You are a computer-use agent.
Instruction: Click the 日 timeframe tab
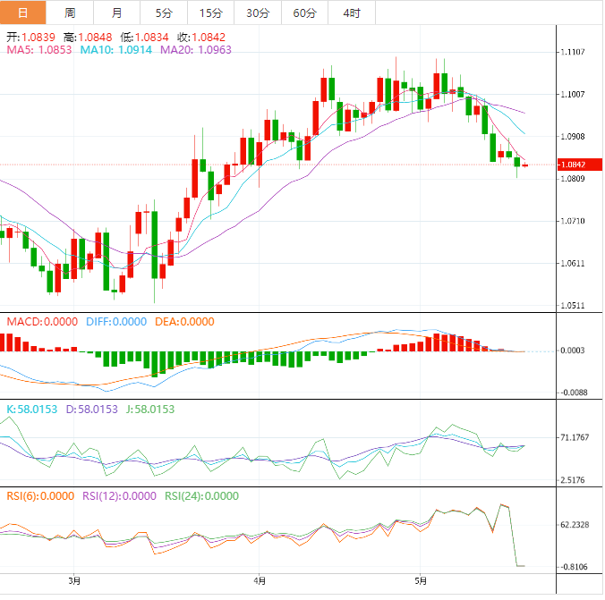[x=22, y=13]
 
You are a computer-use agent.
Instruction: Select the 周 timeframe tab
[x=70, y=13]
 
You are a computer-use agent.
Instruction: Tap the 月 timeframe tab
[x=117, y=13]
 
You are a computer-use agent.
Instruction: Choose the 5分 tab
[x=164, y=13]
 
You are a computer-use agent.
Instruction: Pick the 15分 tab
[x=210, y=13]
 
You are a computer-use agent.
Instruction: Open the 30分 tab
[x=257, y=13]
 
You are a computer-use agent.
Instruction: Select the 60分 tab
[x=304, y=13]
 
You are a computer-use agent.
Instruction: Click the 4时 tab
[x=352, y=13]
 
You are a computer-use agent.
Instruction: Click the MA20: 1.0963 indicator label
[x=196, y=50]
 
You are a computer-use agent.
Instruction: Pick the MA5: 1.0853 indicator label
[x=39, y=50]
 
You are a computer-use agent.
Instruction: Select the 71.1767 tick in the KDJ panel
[x=575, y=437]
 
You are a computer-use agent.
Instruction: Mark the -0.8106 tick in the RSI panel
[x=575, y=567]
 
